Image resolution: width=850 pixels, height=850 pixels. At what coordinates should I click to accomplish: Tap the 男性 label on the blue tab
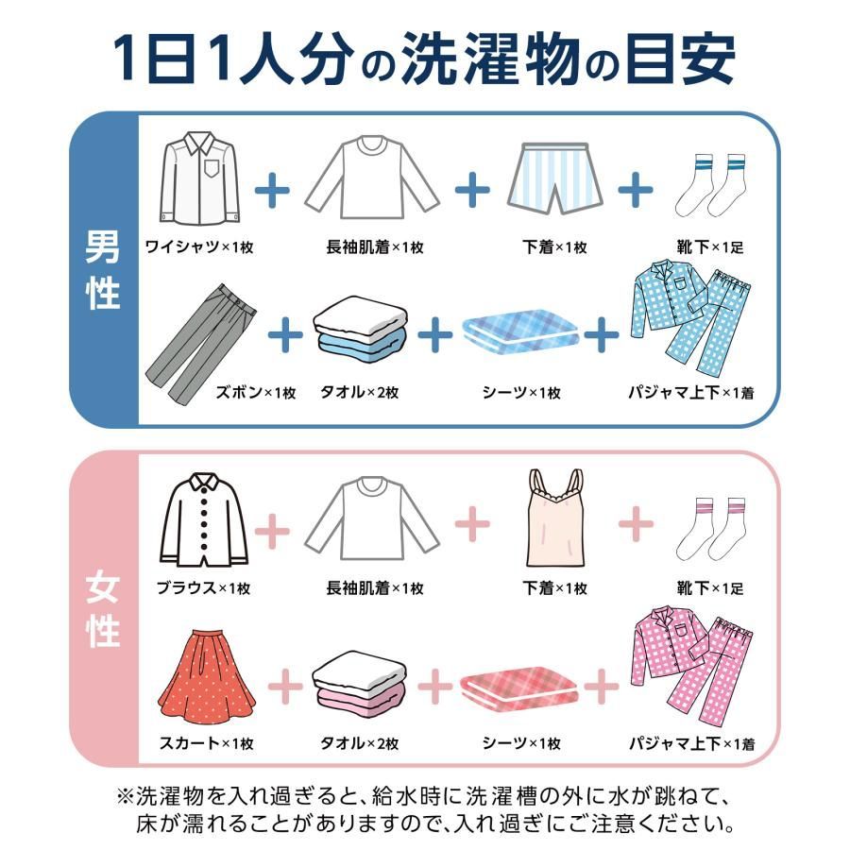(103, 270)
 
